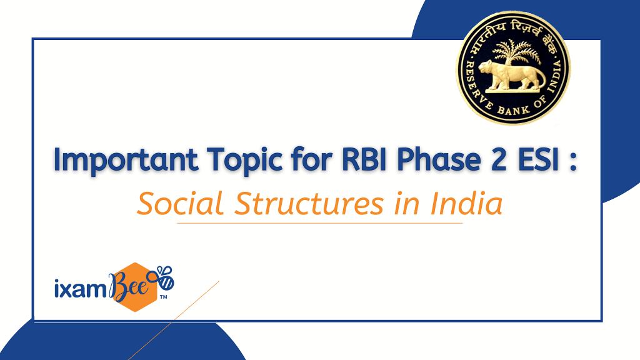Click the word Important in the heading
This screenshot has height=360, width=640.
[126, 159]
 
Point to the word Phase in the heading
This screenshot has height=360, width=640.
[439, 159]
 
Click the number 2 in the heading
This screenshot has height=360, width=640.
[499, 159]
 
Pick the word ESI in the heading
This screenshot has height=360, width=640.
[538, 159]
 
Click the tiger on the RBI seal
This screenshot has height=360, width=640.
[512, 75]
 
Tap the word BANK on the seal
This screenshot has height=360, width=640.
[514, 110]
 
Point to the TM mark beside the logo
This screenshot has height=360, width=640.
[163, 297]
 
